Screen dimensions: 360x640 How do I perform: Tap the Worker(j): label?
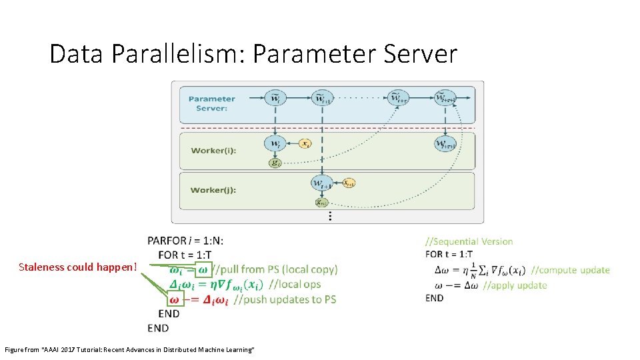[213, 190]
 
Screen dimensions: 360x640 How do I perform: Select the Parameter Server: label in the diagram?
[211, 103]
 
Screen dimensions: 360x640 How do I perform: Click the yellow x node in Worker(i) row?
[305, 143]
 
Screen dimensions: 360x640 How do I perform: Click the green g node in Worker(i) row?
[275, 162]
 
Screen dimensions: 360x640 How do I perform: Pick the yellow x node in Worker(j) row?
[349, 182]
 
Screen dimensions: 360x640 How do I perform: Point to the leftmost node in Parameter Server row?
[275, 98]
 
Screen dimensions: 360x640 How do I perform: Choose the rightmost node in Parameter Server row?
[445, 98]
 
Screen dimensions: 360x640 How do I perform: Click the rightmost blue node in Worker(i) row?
[445, 143]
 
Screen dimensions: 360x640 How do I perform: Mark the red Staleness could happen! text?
[78, 267]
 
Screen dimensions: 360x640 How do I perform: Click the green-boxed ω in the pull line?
[205, 269]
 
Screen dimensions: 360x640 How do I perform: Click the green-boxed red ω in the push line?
[175, 300]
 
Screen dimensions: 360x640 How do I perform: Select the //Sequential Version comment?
[469, 241]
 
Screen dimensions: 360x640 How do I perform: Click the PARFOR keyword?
[169, 241]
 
